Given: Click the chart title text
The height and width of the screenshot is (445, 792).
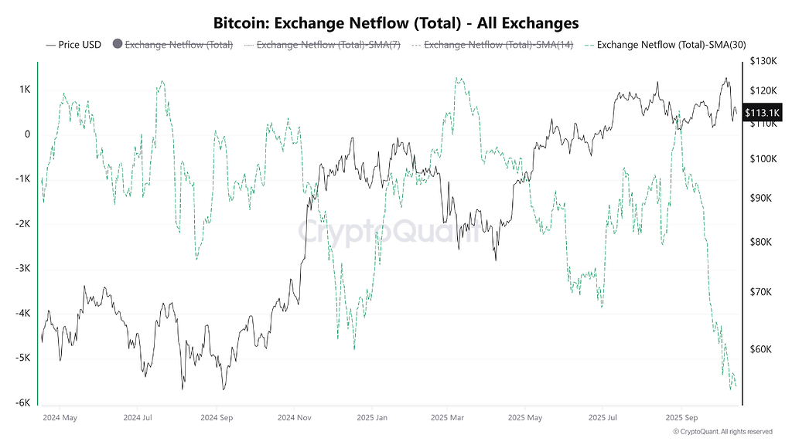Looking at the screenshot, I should point(396,23).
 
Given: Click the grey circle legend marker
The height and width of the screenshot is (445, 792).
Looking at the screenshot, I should point(118,45).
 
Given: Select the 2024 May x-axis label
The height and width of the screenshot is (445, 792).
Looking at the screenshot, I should point(60,418).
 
